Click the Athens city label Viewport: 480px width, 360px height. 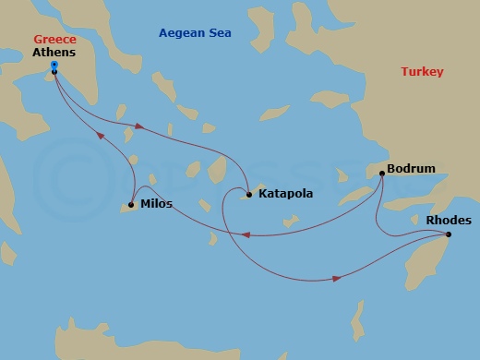click(54, 54)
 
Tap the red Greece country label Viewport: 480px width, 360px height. click(54, 40)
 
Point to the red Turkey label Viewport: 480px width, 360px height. click(422, 71)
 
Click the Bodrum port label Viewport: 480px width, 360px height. click(412, 170)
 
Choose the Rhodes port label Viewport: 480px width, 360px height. click(449, 221)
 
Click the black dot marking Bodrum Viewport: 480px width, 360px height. click(382, 173)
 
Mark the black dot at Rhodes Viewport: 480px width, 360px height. click(449, 234)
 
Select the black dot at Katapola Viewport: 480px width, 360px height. click(249, 195)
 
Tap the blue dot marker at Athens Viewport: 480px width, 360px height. click(54, 65)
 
